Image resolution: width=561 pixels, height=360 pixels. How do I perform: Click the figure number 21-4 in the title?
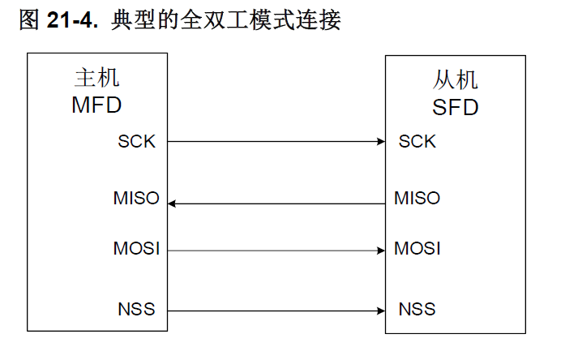[72, 19]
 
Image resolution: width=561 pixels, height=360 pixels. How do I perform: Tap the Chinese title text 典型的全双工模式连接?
[225, 19]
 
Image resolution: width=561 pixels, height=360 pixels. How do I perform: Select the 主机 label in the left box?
[97, 77]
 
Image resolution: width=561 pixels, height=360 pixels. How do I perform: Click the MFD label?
[96, 105]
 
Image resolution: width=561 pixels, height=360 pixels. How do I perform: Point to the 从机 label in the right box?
[455, 79]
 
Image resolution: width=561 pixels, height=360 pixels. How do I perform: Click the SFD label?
[455, 107]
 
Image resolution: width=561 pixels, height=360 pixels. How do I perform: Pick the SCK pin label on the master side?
[137, 141]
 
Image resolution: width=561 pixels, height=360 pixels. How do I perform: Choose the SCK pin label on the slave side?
[418, 141]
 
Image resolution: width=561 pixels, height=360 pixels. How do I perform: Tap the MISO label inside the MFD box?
[136, 198]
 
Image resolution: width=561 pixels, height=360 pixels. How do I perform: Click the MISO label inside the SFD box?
[418, 198]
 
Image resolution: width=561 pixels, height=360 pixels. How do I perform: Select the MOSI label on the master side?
[136, 248]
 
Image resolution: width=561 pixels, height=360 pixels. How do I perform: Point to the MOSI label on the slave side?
[418, 248]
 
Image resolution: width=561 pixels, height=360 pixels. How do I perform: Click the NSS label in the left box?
[137, 309]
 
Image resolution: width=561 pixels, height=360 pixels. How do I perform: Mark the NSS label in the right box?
[418, 309]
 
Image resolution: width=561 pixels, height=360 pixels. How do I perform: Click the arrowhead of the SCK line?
[381, 141]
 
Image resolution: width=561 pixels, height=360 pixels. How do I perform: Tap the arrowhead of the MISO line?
[172, 204]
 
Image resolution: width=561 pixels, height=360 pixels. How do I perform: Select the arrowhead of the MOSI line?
[381, 251]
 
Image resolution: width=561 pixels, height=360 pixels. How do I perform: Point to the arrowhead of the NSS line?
[381, 311]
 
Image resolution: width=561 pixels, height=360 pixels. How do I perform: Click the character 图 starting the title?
[29, 19]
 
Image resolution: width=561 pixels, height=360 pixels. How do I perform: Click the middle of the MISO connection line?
[276, 204]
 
